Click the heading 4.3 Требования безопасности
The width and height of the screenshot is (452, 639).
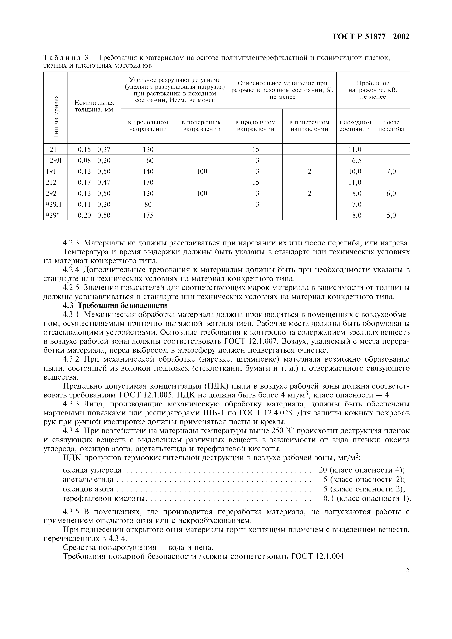point(115,306)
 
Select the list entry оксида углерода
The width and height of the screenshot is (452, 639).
point(92,470)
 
